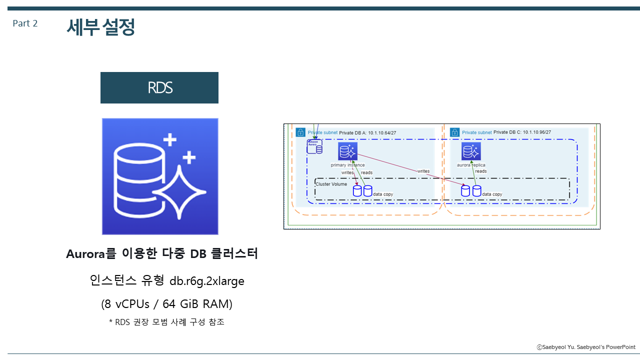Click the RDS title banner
tap(159, 88)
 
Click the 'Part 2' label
tap(25, 23)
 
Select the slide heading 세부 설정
tap(100, 27)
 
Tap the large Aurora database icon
tap(160, 176)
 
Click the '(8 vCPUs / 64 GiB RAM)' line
tap(166, 303)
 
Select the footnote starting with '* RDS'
tap(166, 322)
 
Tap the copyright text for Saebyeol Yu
tap(586, 347)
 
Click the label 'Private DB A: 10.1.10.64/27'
tap(367, 132)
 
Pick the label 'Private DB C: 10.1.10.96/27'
tap(522, 132)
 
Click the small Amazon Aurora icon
tap(315, 146)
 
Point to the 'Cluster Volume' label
tap(331, 184)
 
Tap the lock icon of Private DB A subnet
tap(300, 132)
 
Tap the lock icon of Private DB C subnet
tap(454, 132)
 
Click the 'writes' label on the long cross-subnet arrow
tap(423, 171)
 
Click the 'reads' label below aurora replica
tap(481, 171)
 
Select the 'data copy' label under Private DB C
tap(492, 194)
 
